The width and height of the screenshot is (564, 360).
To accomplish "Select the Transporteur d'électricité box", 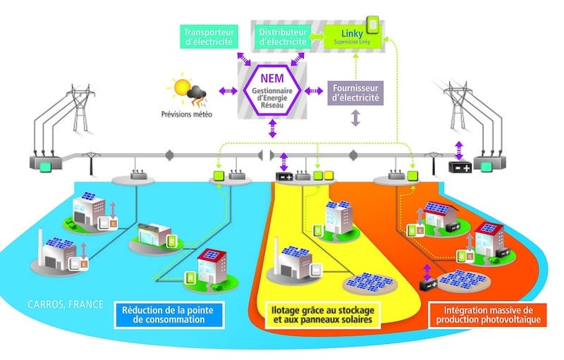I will pyautogui.click(x=209, y=36).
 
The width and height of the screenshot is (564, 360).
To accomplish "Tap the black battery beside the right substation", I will pyautogui.click(x=462, y=168).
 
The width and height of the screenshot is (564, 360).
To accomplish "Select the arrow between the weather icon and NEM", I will pyautogui.click(x=228, y=91).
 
